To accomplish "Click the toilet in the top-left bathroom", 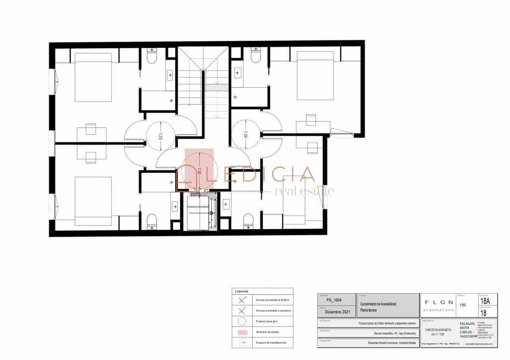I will (152, 57).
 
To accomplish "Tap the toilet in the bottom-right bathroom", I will (248, 221).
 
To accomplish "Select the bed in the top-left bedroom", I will (93, 77).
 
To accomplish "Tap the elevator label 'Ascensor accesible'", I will (198, 207).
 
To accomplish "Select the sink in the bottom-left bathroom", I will (175, 207).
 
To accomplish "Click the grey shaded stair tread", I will (217, 87).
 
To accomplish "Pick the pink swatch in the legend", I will (242, 332).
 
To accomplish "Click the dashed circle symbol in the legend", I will (242, 321).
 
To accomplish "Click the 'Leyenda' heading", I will (242, 291).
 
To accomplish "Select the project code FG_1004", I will (333, 300).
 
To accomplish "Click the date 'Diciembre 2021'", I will (337, 313).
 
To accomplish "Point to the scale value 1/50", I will (463, 305).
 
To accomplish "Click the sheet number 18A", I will (485, 301).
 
